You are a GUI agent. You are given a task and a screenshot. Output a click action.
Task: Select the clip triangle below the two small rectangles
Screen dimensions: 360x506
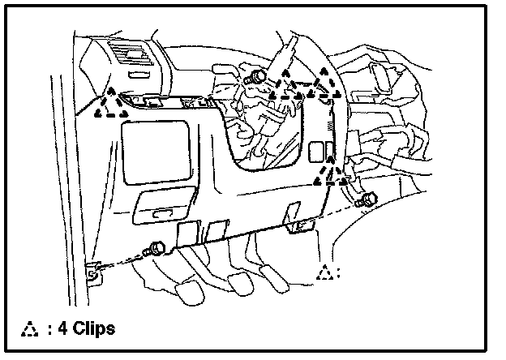pos(328,171)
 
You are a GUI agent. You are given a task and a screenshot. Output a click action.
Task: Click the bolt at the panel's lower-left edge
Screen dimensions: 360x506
pos(156,248)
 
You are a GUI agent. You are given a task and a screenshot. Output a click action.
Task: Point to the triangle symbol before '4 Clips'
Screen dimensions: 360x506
pos(31,329)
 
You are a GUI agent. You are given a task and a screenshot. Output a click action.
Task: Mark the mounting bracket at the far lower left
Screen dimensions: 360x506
pos(93,274)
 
